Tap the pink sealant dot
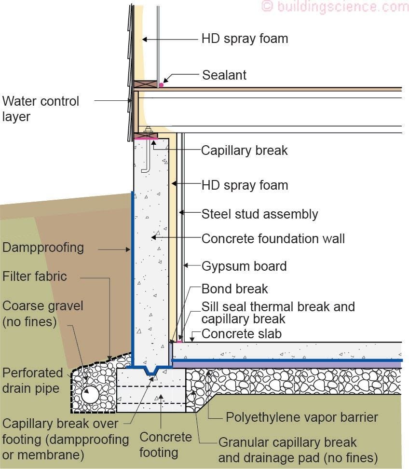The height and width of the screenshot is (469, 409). coord(161,85)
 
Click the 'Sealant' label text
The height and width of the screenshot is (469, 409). coord(224,75)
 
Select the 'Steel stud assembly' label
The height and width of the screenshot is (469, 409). coord(259,214)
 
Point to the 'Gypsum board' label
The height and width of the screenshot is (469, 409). coord(244,266)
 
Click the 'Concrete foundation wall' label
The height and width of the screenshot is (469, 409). coord(273,238)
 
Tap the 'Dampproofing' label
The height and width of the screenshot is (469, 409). coord(43,248)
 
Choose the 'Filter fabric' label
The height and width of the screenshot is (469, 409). coord(35,277)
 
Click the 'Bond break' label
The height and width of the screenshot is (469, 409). coord(234,289)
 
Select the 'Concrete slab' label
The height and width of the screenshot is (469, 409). coord(241,334)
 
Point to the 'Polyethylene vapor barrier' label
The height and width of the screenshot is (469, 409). coord(302,417)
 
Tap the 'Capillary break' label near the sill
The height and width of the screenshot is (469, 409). coord(244,150)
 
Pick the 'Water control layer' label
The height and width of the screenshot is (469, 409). coord(41,109)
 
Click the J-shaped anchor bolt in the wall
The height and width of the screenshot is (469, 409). coord(147,154)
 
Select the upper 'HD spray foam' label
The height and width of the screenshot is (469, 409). coord(245,39)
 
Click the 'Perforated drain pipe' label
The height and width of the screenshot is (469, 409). coord(33,380)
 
